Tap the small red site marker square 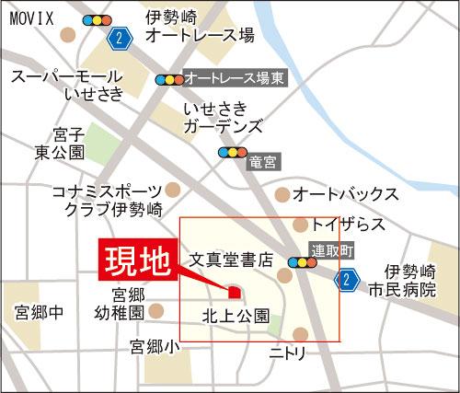pos(234,293)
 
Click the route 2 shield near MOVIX pos(118,38)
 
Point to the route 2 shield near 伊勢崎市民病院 pos(346,279)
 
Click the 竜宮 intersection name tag pos(263,162)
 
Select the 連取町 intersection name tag pos(329,249)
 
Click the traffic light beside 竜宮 pos(233,153)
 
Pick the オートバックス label pos(345,194)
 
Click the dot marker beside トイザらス pos(299,225)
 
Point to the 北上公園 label pos(236,316)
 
